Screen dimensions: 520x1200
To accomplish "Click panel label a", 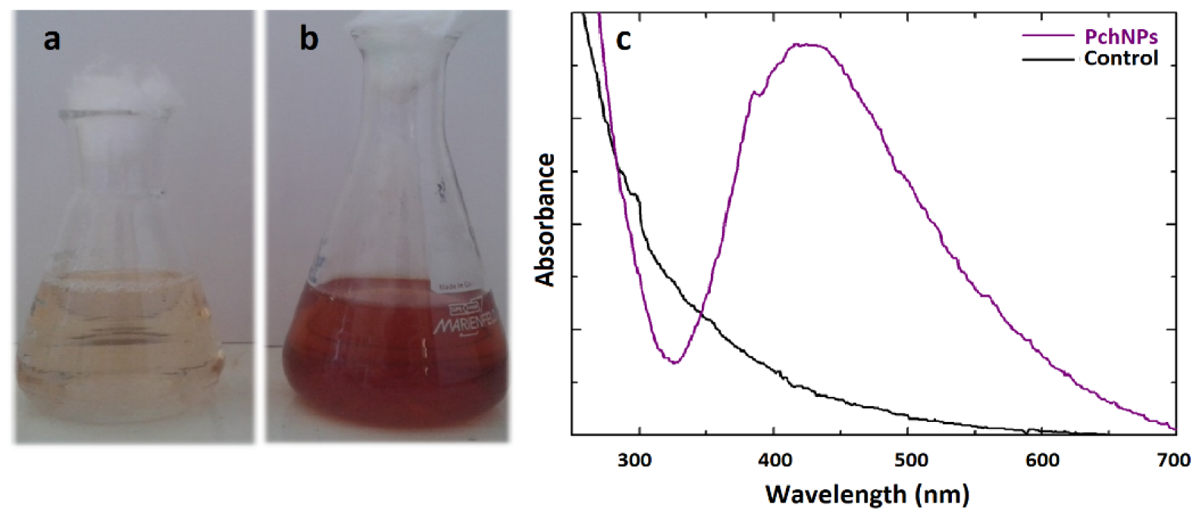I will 51,39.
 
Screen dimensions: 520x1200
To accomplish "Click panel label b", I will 309,38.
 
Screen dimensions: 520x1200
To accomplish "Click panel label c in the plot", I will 623,40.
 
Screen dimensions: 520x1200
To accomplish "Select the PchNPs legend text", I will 1121,36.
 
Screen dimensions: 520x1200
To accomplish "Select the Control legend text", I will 1121,58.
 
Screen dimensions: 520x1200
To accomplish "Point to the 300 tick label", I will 634,460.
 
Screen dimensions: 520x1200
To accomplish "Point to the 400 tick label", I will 774,460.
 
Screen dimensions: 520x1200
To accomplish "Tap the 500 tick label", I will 910,460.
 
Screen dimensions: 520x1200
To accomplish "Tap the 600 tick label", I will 1042,460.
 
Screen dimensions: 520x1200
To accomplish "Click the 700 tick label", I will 1174,460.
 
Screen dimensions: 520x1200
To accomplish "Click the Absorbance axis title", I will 545,220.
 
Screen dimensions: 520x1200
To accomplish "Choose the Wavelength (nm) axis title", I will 867,494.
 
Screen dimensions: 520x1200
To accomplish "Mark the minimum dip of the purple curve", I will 673,362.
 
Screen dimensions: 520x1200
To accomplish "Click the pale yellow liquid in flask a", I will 118,348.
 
